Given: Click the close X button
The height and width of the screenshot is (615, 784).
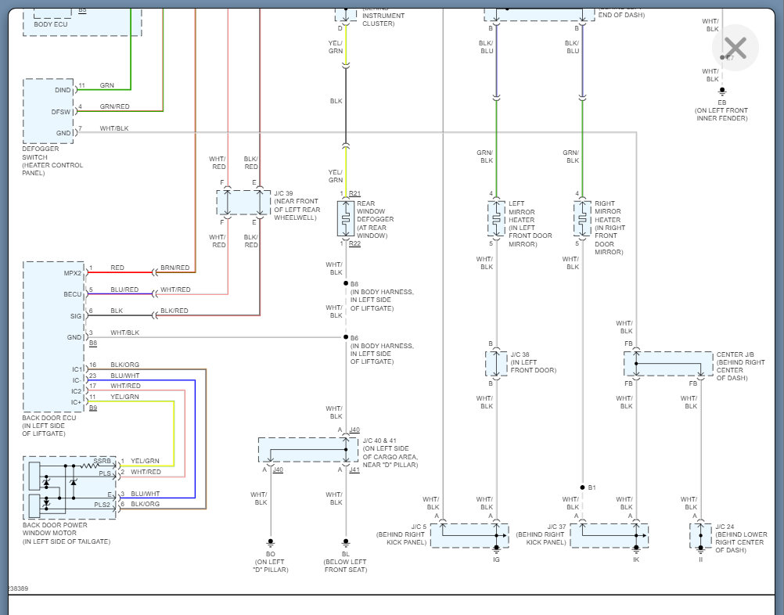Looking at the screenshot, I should [x=735, y=49].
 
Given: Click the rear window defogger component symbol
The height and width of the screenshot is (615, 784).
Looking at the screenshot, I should [x=346, y=218].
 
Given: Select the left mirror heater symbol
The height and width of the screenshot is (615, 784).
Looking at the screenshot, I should [x=496, y=219].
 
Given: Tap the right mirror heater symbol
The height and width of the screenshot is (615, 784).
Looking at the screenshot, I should [x=582, y=219].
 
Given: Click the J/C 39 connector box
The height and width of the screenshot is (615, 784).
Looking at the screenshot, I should [x=243, y=202].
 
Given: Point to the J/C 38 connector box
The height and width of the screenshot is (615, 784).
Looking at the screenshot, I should [x=496, y=363].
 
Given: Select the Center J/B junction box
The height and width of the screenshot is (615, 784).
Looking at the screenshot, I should [x=668, y=364].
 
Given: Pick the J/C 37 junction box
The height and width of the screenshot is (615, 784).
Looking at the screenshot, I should [x=610, y=536].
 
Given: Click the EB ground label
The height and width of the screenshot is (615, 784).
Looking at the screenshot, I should [x=721, y=102].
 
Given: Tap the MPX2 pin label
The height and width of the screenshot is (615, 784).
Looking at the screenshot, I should [x=72, y=273].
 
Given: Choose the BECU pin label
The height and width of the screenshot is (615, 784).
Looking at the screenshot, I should [x=72, y=295].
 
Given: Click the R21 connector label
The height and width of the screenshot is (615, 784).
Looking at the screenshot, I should [x=354, y=193].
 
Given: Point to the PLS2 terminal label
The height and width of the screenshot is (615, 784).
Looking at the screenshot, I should [x=102, y=505].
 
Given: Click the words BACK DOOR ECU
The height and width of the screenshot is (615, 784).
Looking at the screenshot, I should [x=49, y=418].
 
